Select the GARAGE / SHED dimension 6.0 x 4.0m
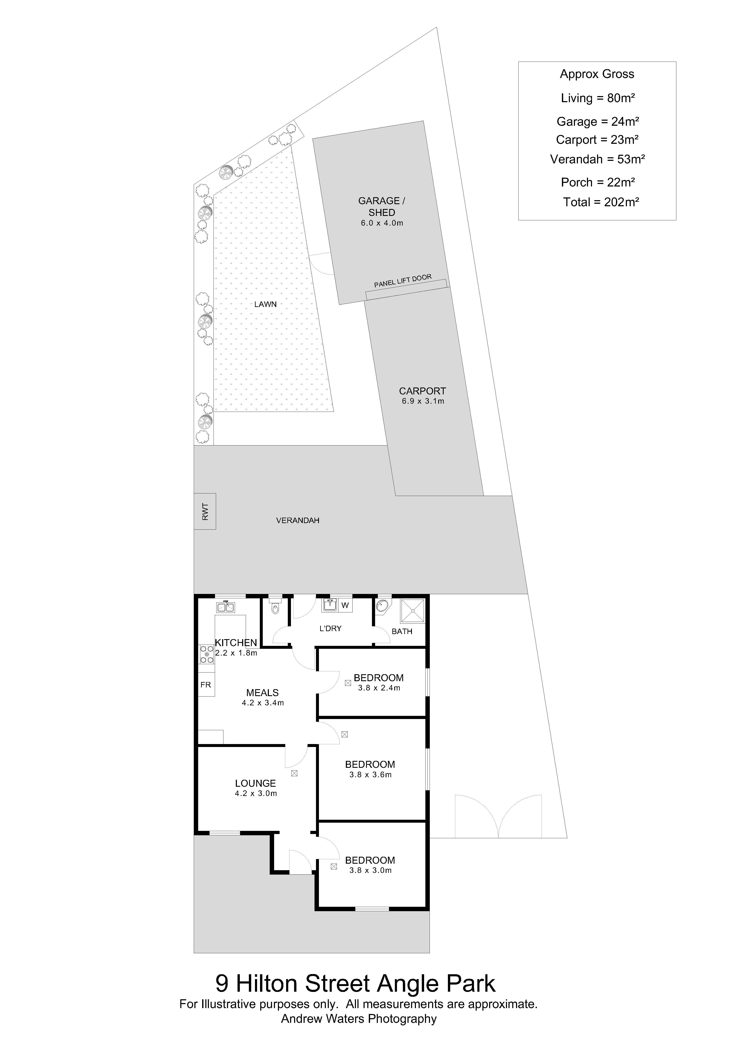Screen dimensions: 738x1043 (x=382, y=223)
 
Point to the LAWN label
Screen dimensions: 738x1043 (x=265, y=304)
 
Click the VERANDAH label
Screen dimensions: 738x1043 (x=298, y=521)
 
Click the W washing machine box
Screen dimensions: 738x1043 (x=345, y=605)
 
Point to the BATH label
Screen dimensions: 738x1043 (x=402, y=631)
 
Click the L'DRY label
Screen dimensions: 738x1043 (x=330, y=629)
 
